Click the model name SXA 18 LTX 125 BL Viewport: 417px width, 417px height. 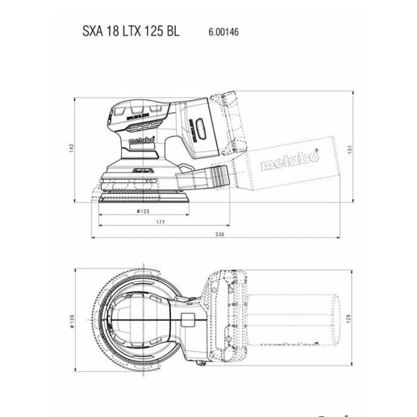pos(130,32)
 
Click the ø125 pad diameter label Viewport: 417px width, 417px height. pos(142,211)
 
